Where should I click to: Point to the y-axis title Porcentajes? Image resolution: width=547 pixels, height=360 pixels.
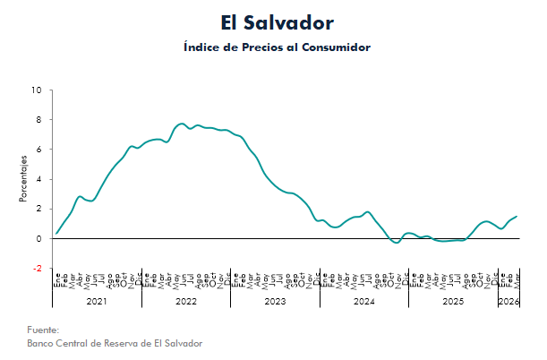coord(24,178)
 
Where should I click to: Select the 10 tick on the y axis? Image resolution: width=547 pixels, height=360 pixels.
coord(36,90)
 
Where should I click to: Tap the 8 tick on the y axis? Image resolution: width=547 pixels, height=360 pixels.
coord(38,120)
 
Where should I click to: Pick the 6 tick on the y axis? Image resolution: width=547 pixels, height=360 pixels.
coord(38,150)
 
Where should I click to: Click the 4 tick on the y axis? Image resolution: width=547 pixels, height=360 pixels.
coord(38,179)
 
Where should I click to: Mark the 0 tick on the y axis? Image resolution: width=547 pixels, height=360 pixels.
coord(38,238)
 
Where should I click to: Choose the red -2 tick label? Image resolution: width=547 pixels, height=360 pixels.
coord(36,268)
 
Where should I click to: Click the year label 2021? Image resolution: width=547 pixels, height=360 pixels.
coord(97,302)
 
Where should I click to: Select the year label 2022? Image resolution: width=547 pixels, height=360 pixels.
coord(186,302)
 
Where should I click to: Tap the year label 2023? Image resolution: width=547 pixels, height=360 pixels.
coord(275,302)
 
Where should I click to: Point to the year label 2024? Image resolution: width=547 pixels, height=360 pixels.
coord(364,302)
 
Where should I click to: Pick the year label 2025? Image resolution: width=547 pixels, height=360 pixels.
coord(453,302)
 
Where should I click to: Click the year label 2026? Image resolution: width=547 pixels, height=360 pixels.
coord(509,302)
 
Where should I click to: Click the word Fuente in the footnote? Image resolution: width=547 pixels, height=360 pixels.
coord(43,330)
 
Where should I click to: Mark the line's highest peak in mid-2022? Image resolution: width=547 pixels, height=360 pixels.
coord(182,124)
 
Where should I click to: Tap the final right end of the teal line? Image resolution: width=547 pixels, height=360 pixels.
coord(517,217)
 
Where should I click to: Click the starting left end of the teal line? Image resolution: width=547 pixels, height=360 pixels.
coord(56,234)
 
